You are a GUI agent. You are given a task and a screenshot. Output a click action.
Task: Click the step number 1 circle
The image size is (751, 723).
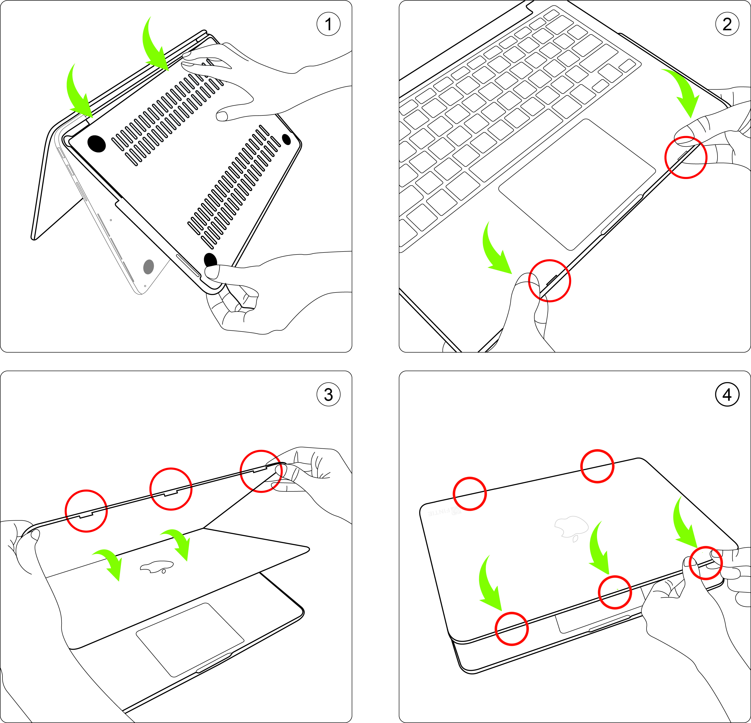coord(328,24)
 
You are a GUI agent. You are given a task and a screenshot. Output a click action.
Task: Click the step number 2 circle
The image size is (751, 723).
coord(727,24)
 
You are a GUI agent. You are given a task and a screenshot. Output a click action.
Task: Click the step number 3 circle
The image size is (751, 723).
coord(328,395)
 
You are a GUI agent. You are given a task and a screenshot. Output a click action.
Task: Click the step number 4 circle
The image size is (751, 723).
coord(727,395)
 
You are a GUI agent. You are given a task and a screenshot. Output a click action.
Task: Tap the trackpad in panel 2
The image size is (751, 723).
coord(577,184)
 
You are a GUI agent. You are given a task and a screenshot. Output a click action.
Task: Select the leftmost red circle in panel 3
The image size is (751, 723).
coord(86,511)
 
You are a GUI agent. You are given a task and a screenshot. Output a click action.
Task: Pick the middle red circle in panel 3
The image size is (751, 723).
coord(171,489)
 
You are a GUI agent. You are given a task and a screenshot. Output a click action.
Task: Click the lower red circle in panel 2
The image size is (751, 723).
coord(549,281)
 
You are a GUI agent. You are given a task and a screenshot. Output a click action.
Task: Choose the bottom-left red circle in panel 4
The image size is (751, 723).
coord(512,629)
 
